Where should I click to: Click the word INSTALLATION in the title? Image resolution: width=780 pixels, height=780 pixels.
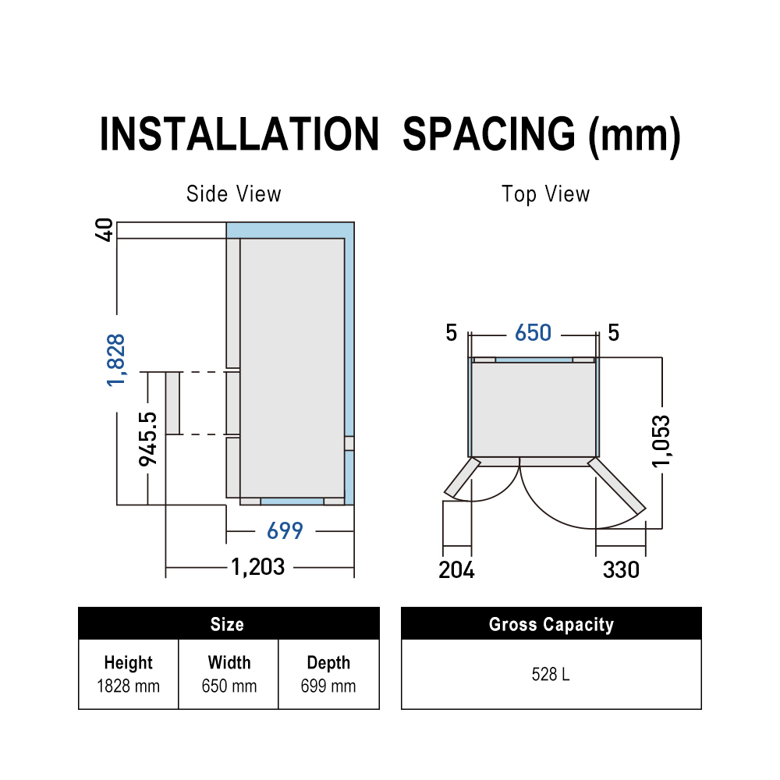pos(239,134)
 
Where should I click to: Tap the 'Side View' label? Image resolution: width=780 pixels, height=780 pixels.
pos(234,194)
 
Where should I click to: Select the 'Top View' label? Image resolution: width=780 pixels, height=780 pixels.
pos(546,194)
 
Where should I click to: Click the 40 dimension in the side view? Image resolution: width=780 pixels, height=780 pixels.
pos(105,230)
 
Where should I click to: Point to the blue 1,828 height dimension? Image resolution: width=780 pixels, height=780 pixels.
pos(116,360)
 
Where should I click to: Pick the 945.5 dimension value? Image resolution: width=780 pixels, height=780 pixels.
pos(147,439)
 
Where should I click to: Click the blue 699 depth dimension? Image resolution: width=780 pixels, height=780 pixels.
pos(285,530)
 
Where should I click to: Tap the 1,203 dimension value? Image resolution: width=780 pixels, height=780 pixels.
pos(258,566)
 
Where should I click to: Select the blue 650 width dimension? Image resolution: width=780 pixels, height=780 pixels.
pos(534,333)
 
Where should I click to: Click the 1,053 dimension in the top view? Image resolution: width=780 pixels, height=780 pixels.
pos(661,441)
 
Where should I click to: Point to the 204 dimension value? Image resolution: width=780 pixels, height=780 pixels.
pos(456,570)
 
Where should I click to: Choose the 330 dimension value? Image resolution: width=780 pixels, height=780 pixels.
pos(622,570)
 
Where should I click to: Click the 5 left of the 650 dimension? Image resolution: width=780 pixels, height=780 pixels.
pos(451,333)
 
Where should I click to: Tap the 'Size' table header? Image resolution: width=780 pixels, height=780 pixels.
pos(227,624)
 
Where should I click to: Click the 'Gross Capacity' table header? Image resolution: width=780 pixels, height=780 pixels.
pos(551,624)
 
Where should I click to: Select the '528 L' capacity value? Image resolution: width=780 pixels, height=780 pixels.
pos(551,675)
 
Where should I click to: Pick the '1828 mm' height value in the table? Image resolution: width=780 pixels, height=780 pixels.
pos(129,686)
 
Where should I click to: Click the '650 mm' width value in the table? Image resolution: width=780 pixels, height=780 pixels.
pos(229,686)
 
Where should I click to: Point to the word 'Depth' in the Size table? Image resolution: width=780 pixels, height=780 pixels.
pos(329,662)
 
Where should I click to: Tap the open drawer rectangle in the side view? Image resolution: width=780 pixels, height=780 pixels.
pos(172,403)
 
